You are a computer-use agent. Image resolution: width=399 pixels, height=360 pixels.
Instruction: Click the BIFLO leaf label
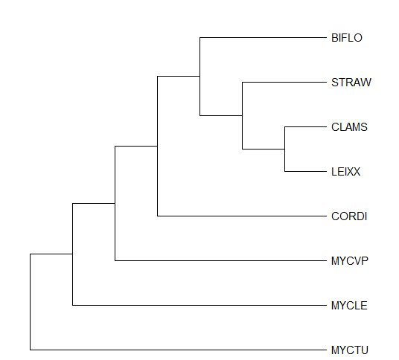click(x=347, y=38)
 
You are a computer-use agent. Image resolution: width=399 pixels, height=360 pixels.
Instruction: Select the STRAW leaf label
click(x=351, y=83)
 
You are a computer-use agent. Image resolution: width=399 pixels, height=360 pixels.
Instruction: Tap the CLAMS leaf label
click(x=349, y=127)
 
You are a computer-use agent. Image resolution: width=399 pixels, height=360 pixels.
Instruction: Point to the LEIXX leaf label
click(x=345, y=172)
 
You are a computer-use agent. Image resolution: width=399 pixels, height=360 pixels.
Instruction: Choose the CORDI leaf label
click(x=349, y=216)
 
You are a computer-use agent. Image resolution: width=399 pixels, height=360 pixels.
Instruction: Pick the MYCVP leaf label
click(x=350, y=261)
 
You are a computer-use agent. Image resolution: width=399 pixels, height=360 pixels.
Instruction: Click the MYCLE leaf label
click(x=349, y=306)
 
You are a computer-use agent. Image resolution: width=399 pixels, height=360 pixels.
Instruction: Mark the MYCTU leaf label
click(x=350, y=350)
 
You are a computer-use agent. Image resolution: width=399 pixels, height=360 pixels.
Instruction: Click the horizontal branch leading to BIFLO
click(x=263, y=38)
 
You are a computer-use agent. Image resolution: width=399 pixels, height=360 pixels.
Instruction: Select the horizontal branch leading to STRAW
click(x=284, y=82)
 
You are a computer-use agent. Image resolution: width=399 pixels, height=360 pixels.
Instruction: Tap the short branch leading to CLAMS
click(x=306, y=126)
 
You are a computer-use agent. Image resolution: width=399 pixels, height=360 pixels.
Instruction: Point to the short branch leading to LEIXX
click(x=306, y=171)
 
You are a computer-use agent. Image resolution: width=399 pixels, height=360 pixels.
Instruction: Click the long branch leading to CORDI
click(x=242, y=216)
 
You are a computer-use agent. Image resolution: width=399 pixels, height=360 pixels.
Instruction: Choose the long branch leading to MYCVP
click(x=220, y=260)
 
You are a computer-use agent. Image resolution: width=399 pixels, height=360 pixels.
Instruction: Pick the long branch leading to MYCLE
click(x=199, y=305)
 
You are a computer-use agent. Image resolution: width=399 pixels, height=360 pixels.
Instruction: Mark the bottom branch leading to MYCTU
click(x=178, y=350)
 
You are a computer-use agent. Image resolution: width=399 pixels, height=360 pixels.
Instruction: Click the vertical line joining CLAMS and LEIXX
click(x=285, y=149)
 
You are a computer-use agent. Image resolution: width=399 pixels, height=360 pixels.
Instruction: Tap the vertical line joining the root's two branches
click(x=31, y=302)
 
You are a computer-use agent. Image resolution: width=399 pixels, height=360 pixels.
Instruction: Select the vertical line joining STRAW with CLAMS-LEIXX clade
click(x=242, y=115)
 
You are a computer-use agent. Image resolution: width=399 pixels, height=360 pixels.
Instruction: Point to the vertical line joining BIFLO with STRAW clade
click(x=200, y=77)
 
